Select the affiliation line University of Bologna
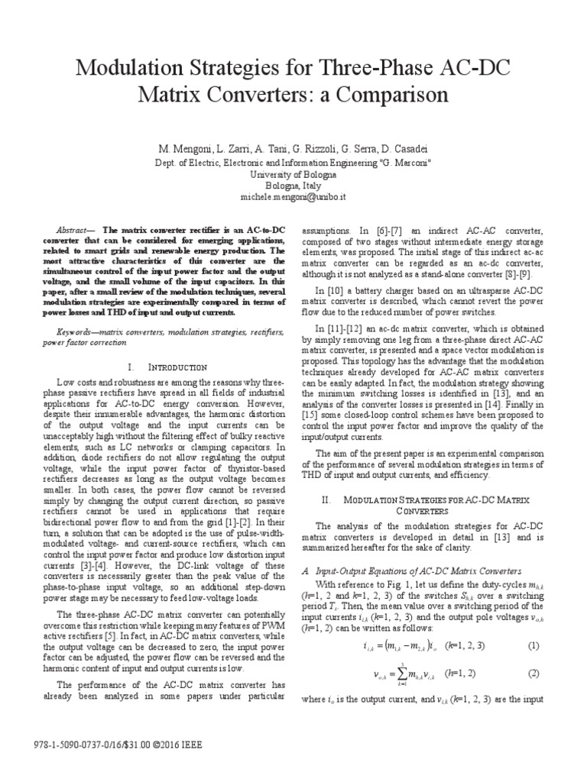click(293, 174)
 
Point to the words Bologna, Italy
click(293, 186)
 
